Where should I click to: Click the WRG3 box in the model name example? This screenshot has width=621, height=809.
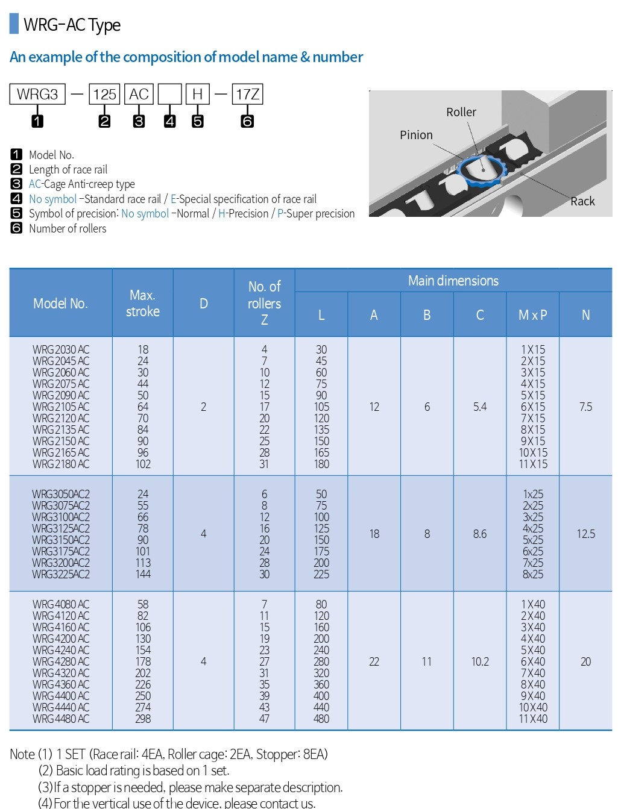(x=37, y=95)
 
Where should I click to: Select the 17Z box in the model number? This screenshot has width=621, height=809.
(x=247, y=95)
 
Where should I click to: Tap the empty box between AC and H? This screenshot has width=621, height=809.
(x=169, y=95)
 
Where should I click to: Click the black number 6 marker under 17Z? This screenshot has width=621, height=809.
(x=247, y=121)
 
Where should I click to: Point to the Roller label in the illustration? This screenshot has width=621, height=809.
(x=461, y=113)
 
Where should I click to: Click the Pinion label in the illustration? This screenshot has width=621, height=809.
(x=416, y=135)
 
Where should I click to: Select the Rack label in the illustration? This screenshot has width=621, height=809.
(x=582, y=201)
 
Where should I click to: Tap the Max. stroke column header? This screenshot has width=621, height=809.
(x=143, y=303)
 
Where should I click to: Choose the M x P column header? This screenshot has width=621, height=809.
(x=533, y=315)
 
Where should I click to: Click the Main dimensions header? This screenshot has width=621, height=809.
(x=453, y=281)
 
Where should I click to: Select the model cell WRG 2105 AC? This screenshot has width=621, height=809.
(x=61, y=407)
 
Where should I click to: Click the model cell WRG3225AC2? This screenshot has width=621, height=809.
(x=61, y=574)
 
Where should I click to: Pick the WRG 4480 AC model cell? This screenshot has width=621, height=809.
(x=61, y=719)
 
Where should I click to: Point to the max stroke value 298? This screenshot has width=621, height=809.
(x=143, y=719)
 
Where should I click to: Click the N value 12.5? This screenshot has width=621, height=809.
(x=585, y=534)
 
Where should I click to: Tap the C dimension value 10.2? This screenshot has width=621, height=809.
(x=480, y=661)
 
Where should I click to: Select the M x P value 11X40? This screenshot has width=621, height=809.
(x=533, y=719)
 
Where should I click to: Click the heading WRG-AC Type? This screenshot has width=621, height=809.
(x=72, y=25)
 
